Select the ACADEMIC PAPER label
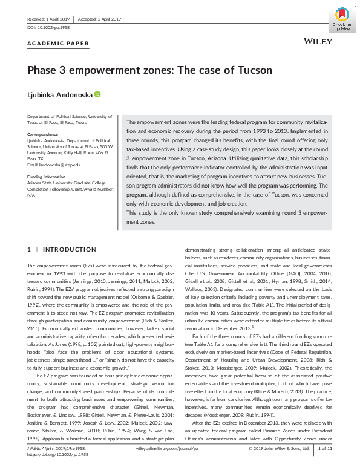tap(58, 44)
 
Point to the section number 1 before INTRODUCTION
tap(29, 249)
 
